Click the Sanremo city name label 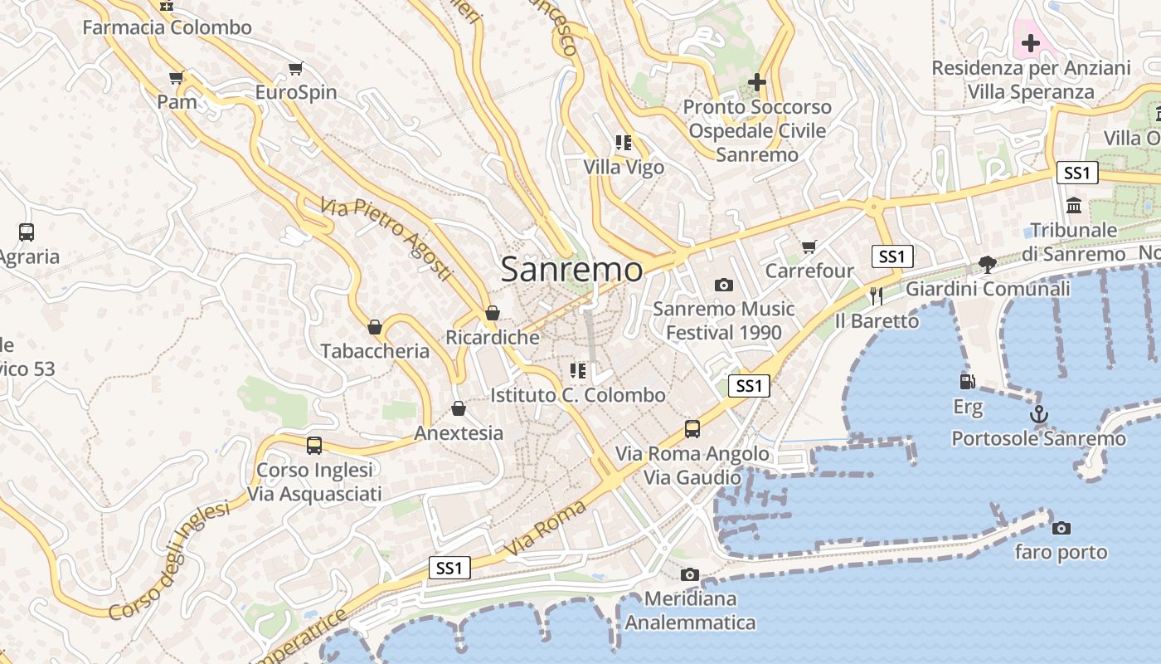click(571, 270)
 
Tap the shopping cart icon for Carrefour click(809, 247)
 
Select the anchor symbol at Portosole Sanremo click(1038, 413)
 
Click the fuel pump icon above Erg click(967, 382)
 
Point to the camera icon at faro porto click(1061, 528)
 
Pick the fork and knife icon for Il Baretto click(877, 295)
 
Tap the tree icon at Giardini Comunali click(987, 264)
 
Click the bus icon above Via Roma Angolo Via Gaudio click(692, 429)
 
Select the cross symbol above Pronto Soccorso click(756, 82)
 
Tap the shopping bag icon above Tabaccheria click(375, 327)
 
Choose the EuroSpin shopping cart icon click(295, 68)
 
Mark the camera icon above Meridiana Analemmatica click(689, 574)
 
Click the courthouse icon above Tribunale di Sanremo click(1074, 205)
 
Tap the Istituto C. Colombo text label click(578, 395)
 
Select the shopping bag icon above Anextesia click(458, 408)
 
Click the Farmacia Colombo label click(167, 27)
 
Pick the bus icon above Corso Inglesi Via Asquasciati click(314, 446)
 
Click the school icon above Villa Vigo click(624, 143)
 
